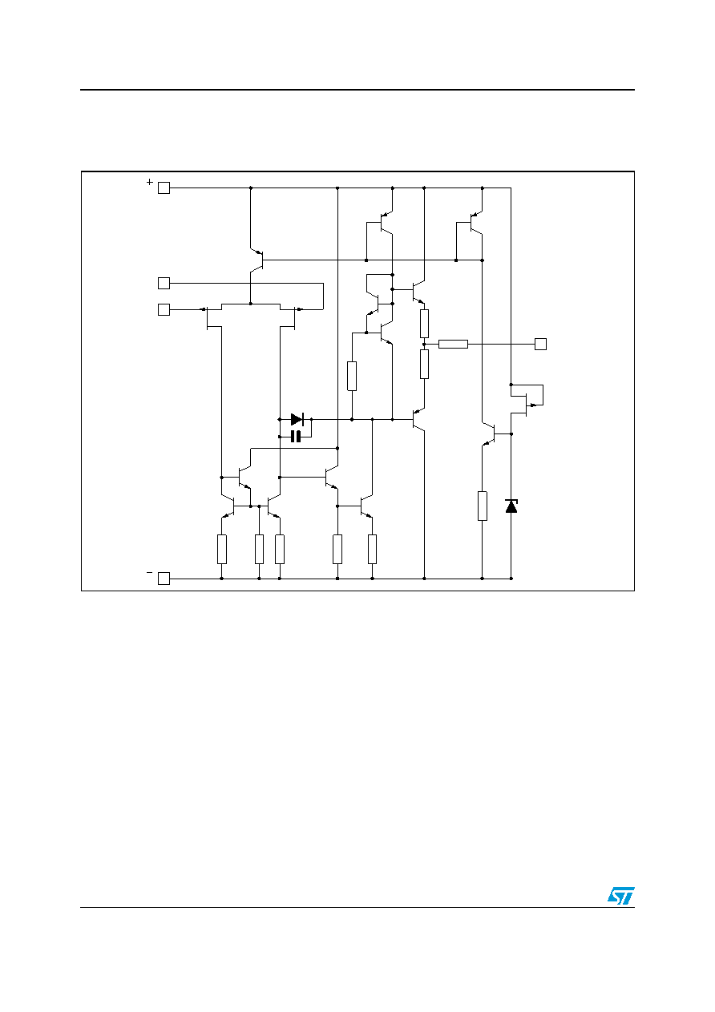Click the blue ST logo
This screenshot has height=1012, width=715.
620,896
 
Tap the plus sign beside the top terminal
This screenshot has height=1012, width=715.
150,182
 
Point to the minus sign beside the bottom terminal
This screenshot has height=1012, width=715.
150,573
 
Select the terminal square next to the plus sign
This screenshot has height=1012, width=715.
164,188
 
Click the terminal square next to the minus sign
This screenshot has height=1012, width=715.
164,579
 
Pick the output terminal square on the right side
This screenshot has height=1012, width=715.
540,345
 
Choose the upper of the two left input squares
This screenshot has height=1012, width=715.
164,284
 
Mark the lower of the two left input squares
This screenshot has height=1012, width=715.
164,309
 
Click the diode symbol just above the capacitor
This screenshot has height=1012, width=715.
297,419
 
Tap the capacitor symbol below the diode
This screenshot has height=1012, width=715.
296,437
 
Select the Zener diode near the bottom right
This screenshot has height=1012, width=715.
511,506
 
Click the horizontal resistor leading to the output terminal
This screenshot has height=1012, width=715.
453,345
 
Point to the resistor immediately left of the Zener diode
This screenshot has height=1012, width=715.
483,506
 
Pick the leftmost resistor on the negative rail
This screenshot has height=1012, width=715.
221,550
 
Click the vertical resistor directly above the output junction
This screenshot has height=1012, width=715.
424,324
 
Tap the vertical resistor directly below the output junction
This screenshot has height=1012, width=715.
424,364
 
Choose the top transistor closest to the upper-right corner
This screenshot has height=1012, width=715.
475,223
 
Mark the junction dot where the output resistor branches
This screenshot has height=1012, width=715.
424,345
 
